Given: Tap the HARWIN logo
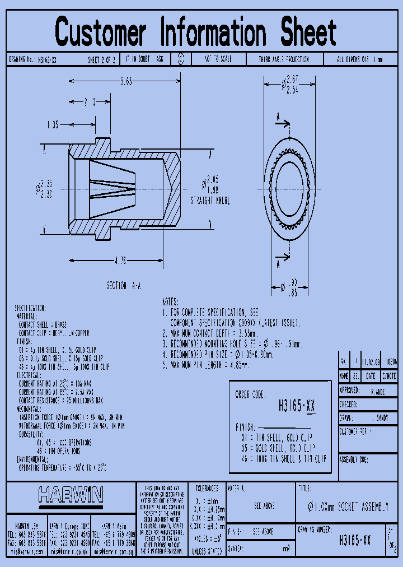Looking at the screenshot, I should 71,495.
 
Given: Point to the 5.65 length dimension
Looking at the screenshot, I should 126,82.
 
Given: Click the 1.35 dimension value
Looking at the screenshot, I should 53,124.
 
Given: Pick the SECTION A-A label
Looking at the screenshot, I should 124,286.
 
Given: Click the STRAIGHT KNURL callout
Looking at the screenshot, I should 210,200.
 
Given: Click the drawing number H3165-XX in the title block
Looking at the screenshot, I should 355,541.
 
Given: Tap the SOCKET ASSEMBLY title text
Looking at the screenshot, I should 348,507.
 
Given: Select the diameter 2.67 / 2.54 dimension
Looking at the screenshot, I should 291,84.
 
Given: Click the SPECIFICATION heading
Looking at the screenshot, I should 30,308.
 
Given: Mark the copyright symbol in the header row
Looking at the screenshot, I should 181,59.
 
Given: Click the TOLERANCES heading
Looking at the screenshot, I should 207,488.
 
